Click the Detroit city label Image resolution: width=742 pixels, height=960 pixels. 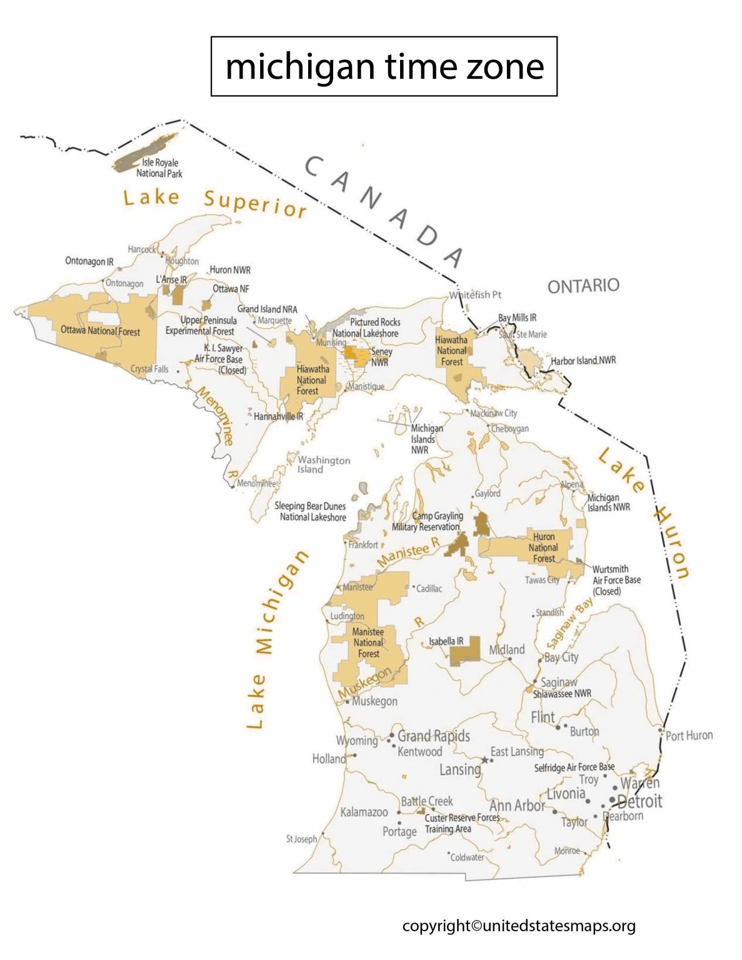639,801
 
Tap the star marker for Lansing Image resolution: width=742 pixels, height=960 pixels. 484,760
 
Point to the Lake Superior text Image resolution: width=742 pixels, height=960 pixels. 215,201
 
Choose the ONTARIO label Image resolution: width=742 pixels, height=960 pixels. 583,286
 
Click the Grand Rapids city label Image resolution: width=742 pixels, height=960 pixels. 434,736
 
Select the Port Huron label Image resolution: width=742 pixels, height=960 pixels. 689,736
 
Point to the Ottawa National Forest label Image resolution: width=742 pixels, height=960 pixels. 100,331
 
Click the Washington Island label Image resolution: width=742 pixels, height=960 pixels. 323,464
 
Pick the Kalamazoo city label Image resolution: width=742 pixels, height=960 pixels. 364,812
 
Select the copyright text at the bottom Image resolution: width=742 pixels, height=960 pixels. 518,926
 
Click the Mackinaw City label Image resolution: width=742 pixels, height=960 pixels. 494,413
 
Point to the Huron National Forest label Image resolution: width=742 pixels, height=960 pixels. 543,547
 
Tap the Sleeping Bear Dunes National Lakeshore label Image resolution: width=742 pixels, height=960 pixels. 310,511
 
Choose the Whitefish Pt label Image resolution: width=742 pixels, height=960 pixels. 475,295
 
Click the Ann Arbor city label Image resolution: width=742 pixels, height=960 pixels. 517,806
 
